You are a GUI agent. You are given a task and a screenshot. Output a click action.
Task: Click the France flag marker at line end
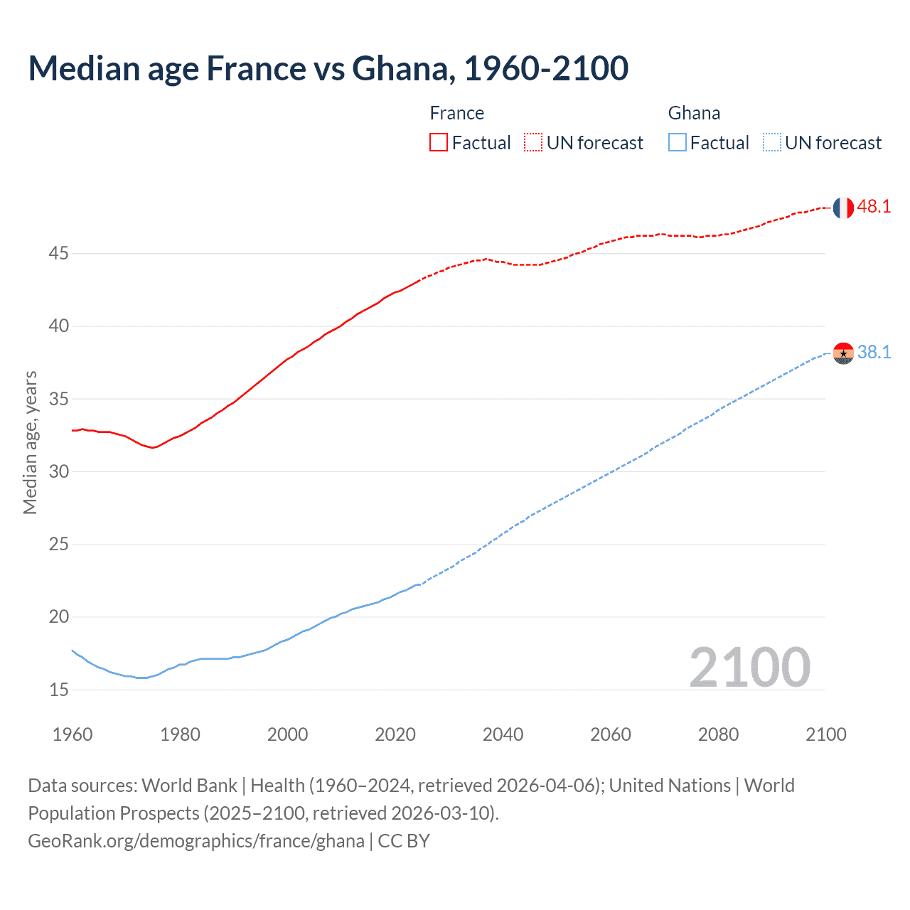(843, 208)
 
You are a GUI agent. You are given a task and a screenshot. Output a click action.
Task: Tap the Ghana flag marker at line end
(843, 353)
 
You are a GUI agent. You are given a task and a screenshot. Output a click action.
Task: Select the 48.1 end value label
(874, 207)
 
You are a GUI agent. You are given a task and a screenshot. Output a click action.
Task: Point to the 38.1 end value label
(874, 352)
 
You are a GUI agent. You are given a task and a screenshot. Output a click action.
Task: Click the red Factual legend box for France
(439, 143)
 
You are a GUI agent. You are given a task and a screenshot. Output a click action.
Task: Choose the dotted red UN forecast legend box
(533, 143)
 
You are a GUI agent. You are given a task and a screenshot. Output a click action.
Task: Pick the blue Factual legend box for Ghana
(677, 143)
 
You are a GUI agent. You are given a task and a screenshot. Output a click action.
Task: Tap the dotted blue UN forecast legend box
(771, 143)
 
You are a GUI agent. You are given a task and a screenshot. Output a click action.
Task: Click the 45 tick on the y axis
(59, 253)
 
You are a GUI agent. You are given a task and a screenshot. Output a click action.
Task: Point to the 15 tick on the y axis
(59, 690)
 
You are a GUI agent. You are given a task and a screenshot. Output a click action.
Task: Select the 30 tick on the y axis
(59, 471)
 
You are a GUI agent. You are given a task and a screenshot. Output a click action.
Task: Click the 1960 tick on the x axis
(73, 734)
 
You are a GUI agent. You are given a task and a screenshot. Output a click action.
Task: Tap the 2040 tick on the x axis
(503, 734)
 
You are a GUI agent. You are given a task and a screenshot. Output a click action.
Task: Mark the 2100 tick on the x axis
(826, 734)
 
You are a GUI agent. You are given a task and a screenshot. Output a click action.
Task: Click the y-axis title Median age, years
(30, 442)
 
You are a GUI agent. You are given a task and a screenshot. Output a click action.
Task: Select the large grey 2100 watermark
(750, 668)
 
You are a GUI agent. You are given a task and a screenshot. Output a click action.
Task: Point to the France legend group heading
(457, 113)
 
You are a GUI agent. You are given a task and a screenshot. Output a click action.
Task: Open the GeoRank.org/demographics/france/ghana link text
(196, 841)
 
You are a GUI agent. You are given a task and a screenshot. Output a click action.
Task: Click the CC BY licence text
(404, 841)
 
